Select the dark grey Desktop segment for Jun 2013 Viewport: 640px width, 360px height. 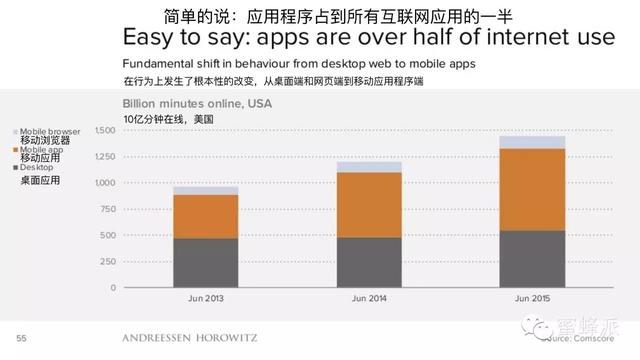tap(206, 262)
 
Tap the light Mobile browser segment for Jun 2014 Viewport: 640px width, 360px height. tap(368, 167)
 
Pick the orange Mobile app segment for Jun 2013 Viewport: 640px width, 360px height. tap(206, 216)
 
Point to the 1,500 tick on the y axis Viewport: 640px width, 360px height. tap(105, 131)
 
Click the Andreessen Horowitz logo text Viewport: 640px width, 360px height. tap(191, 336)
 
